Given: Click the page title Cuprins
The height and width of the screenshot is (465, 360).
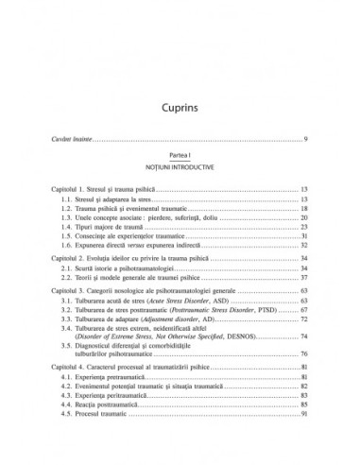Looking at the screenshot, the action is click(x=180, y=81).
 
